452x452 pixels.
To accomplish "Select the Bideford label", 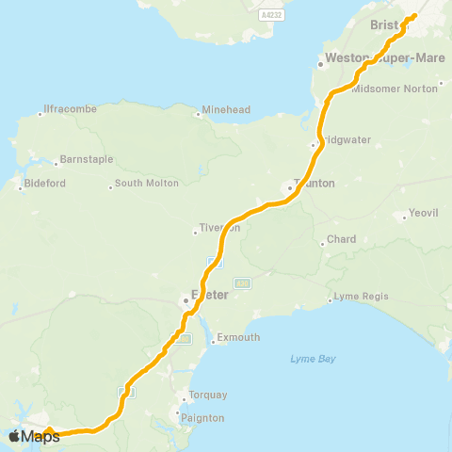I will (x=44, y=183).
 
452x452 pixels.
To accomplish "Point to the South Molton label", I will (x=147, y=184).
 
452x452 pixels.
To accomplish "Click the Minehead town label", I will (x=227, y=110).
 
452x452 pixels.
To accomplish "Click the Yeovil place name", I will (x=424, y=214).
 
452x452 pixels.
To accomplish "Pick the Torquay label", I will (x=205, y=395).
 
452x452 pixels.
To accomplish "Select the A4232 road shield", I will (x=271, y=16).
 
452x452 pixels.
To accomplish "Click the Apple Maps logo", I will (x=34, y=436).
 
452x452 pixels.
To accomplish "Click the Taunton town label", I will (x=315, y=184).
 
